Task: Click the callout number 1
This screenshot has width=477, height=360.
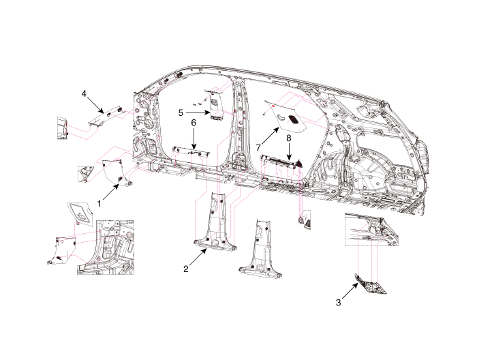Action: [99, 202]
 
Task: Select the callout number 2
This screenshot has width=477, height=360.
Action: [185, 269]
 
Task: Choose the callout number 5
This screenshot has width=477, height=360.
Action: [181, 112]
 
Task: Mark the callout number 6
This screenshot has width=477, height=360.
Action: [194, 122]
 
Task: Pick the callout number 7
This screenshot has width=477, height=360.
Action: [260, 147]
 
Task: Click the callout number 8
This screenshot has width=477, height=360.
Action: [289, 138]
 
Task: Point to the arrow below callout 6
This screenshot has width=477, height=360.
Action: [194, 139]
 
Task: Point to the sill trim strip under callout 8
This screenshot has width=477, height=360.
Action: [279, 161]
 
